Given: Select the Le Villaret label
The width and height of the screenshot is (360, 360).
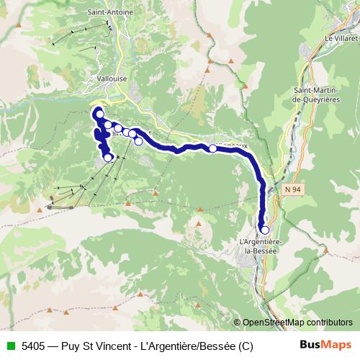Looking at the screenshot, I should [341, 37].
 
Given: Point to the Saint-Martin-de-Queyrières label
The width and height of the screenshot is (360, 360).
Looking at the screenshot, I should [316, 94].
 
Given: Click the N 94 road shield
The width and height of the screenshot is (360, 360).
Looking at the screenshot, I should [290, 188].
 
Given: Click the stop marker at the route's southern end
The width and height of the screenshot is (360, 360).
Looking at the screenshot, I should [264, 230].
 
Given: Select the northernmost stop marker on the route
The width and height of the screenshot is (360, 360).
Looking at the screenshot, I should [99, 114].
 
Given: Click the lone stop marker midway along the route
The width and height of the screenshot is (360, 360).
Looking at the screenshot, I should [212, 148].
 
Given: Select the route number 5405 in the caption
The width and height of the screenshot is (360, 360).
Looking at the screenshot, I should [34, 346].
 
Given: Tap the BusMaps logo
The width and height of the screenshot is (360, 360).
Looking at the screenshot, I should [326, 345].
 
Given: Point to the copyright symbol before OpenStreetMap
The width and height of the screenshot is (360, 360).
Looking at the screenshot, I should [237, 323].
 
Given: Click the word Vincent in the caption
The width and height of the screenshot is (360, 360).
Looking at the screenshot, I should [123, 346].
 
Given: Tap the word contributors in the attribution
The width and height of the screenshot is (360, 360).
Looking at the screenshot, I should [328, 323].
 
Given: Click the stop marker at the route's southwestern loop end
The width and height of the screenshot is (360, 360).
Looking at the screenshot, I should [108, 156].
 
